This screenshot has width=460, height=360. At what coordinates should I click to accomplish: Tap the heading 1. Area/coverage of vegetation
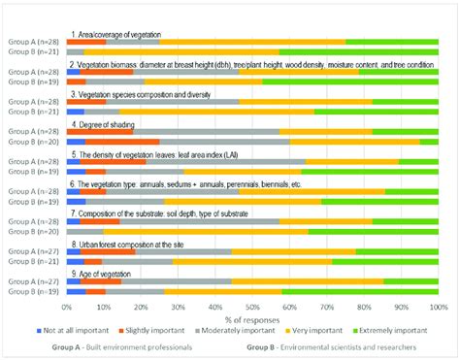(121, 33)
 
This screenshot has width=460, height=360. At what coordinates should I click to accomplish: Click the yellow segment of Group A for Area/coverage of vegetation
(252, 43)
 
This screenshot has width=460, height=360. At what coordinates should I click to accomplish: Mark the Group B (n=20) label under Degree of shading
(35, 142)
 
